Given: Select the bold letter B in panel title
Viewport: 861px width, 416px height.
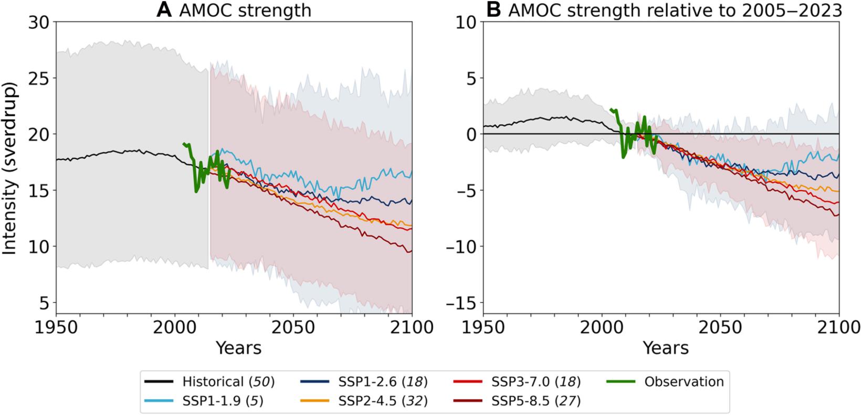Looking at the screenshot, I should pos(493,10).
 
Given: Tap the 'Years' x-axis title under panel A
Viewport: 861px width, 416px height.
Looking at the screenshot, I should pos(238,347).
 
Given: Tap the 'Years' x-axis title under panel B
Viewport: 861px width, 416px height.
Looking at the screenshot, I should pos(666,347).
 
